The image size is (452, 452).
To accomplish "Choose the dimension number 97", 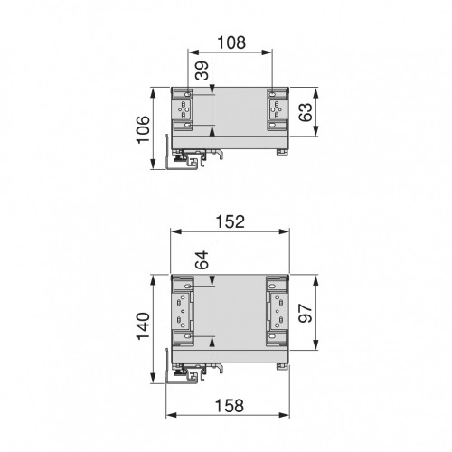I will pyautogui.click(x=306, y=313).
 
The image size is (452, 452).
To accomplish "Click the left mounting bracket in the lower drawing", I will pyautogui.click(x=185, y=313).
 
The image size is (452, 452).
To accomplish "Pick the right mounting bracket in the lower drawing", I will pyautogui.click(x=275, y=313).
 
